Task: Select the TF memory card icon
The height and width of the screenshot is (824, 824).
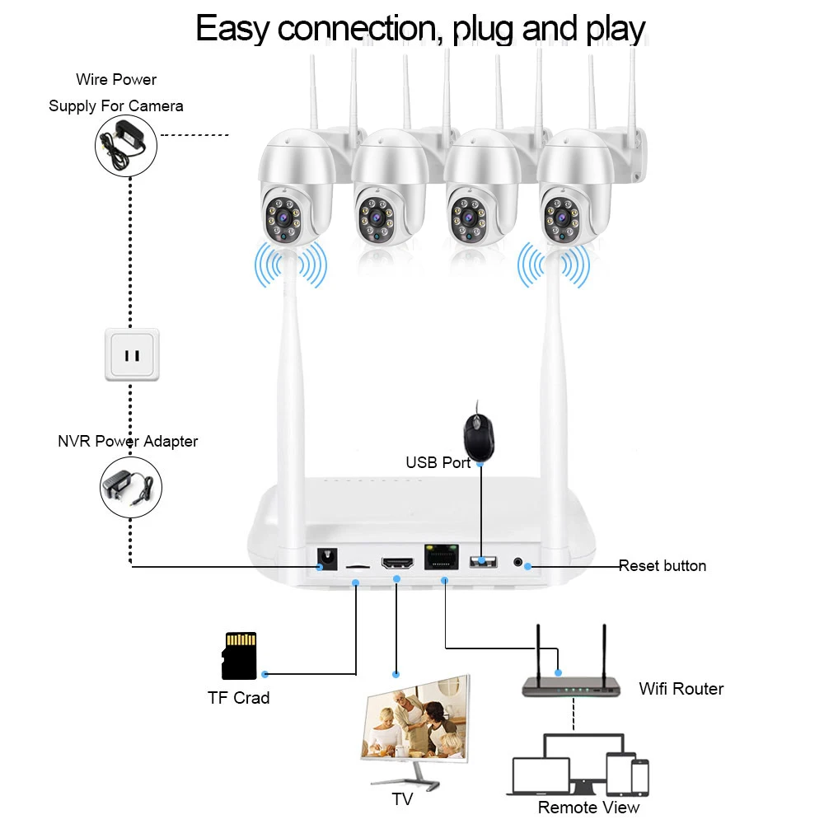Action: [x=239, y=656]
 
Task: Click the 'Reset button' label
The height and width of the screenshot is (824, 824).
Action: [x=662, y=566]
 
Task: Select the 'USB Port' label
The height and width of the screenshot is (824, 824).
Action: [x=438, y=463]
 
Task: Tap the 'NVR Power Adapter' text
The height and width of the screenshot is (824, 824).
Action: [x=128, y=442]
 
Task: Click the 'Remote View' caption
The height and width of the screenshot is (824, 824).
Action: [x=588, y=808]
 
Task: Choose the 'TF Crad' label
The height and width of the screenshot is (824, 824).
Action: [x=238, y=699]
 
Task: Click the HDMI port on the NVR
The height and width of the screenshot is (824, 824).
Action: [x=397, y=564]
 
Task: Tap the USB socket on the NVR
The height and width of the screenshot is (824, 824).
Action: [x=483, y=562]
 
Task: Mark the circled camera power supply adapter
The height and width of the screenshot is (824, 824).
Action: [x=126, y=143]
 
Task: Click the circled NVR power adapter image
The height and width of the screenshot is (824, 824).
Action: [x=131, y=488]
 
